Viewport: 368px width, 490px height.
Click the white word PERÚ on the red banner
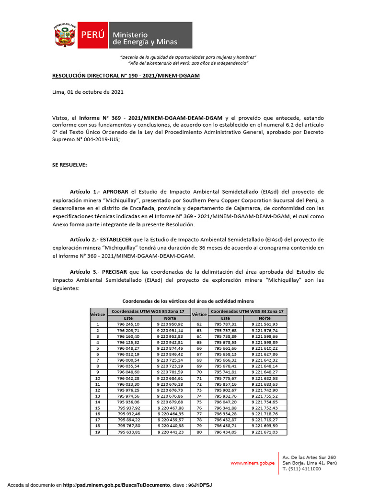point(93,35)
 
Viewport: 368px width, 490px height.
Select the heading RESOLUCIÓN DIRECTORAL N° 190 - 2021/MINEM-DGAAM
point(126,76)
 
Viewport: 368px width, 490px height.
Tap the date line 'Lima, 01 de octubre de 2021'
point(88,92)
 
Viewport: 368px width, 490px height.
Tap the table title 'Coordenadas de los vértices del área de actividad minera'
point(188,301)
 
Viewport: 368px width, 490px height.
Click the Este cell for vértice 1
point(128,324)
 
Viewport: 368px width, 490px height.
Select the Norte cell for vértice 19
point(170,432)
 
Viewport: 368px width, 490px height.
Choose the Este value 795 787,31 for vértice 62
point(225,324)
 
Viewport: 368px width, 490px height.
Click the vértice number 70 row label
point(198,372)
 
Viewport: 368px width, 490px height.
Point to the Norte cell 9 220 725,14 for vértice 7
point(170,360)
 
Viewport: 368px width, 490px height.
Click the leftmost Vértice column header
point(98,314)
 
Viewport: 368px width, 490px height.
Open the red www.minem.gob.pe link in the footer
point(252,463)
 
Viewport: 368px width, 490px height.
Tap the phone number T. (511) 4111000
point(302,469)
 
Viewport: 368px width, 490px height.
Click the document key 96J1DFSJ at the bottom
point(200,485)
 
